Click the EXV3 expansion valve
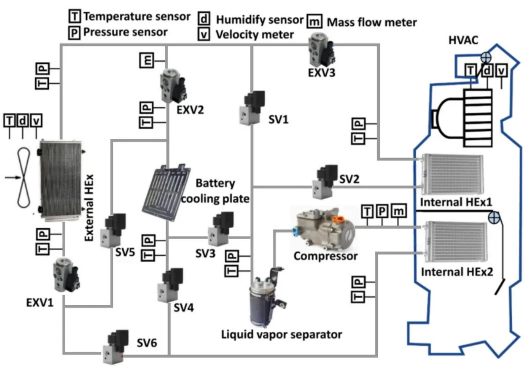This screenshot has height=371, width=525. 322,50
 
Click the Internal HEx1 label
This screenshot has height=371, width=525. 456,202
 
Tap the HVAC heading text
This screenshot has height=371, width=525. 463,40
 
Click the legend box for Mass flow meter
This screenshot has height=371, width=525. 314,21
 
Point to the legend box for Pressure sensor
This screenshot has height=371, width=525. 74,32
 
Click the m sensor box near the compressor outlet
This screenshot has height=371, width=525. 398,211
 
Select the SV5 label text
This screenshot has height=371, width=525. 125,252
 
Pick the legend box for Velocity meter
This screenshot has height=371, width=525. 204,34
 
